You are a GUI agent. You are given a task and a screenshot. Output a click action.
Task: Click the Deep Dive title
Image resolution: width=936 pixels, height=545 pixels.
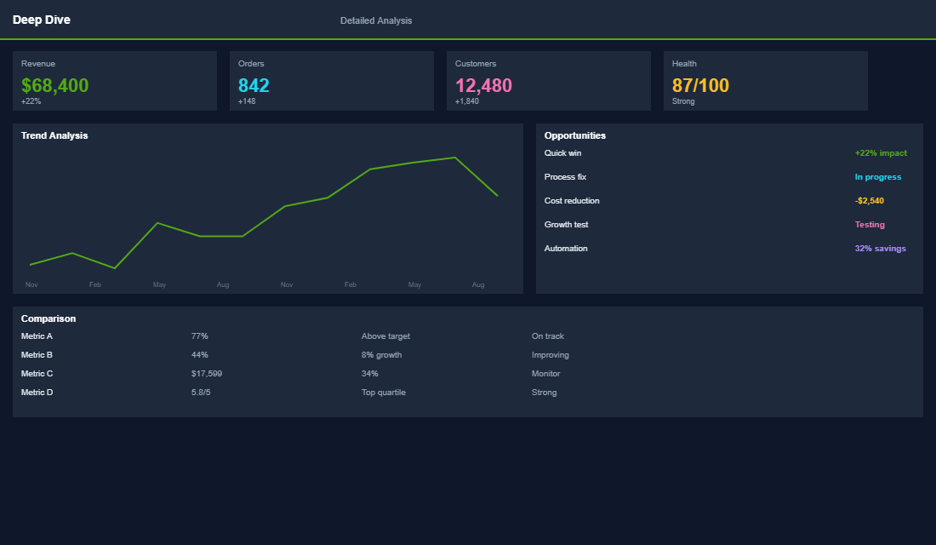(x=42, y=20)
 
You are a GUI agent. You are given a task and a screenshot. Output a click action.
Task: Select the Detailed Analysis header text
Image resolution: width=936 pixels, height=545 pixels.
(x=375, y=20)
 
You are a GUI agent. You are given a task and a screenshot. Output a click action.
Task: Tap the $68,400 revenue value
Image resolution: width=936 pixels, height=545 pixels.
(x=54, y=85)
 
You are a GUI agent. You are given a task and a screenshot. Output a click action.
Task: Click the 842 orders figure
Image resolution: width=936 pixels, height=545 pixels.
(x=254, y=85)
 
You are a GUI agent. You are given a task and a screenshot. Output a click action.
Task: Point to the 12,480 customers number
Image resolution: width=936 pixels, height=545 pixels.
(x=483, y=85)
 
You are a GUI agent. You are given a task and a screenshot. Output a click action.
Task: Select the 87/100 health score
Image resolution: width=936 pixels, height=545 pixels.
(x=700, y=85)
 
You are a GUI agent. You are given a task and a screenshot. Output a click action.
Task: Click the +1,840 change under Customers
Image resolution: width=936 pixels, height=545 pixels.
(x=467, y=101)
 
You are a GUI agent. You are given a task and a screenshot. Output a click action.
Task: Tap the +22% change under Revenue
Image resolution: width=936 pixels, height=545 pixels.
(x=31, y=101)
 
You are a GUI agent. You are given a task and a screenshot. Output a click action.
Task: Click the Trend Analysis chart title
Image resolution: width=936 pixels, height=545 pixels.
(x=54, y=135)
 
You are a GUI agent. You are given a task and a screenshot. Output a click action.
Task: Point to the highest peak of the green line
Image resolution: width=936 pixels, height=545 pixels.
(x=455, y=158)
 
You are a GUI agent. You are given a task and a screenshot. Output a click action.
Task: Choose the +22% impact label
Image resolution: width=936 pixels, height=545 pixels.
(x=881, y=153)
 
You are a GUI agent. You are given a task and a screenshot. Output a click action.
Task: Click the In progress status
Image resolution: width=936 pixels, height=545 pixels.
(x=877, y=177)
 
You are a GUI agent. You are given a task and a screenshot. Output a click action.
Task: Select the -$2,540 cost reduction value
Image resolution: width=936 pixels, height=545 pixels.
(x=869, y=201)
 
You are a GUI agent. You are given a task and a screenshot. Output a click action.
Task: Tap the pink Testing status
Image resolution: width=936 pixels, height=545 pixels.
(x=870, y=225)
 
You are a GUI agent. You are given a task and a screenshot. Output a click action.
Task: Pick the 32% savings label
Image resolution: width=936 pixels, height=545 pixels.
(x=880, y=249)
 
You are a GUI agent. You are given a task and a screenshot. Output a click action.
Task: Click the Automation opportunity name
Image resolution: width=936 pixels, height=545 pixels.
(x=566, y=249)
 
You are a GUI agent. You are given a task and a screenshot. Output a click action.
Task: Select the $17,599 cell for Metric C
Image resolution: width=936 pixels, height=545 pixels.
(x=207, y=374)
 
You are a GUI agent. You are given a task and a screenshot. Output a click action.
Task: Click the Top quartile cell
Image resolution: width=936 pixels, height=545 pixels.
(x=383, y=393)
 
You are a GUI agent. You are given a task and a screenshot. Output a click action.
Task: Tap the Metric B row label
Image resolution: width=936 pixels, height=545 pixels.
(x=37, y=355)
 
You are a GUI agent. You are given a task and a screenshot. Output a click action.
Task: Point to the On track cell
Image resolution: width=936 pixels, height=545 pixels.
(x=547, y=336)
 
